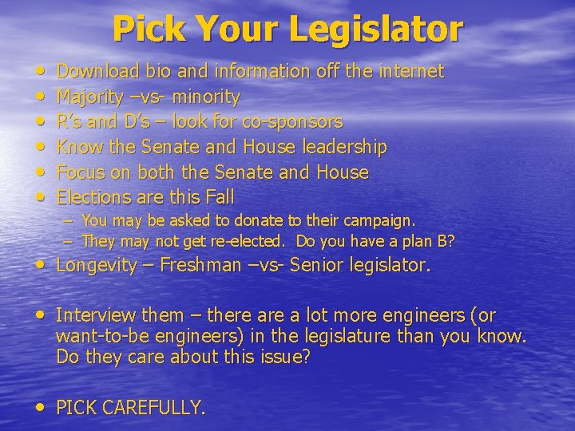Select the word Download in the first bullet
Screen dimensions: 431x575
point(100,72)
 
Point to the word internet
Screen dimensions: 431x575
point(406,72)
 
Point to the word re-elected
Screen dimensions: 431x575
point(243,241)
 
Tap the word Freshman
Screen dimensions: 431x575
point(200,266)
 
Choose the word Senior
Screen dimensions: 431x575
point(318,266)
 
